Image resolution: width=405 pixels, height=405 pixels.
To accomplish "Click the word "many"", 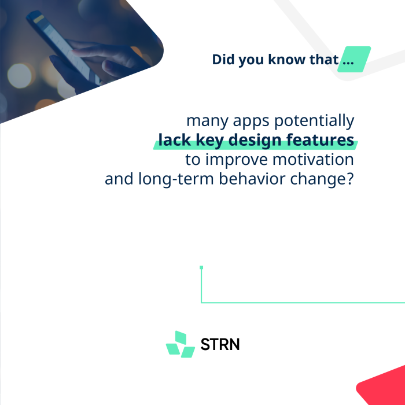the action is (207, 122).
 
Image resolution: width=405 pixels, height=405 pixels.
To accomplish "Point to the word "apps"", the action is (251, 122).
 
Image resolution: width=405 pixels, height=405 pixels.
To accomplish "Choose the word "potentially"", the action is (314, 121).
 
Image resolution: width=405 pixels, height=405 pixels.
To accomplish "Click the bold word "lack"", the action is (174, 140).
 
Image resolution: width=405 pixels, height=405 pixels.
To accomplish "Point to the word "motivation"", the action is (313, 159).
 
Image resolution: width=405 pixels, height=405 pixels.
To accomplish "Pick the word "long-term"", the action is (176, 179).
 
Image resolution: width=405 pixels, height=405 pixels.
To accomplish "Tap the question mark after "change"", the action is (351, 179).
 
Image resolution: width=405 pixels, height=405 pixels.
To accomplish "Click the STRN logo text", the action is (220, 344).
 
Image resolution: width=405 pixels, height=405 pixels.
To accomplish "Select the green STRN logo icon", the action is (181, 344).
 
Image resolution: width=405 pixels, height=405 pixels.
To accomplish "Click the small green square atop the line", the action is (201, 267).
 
